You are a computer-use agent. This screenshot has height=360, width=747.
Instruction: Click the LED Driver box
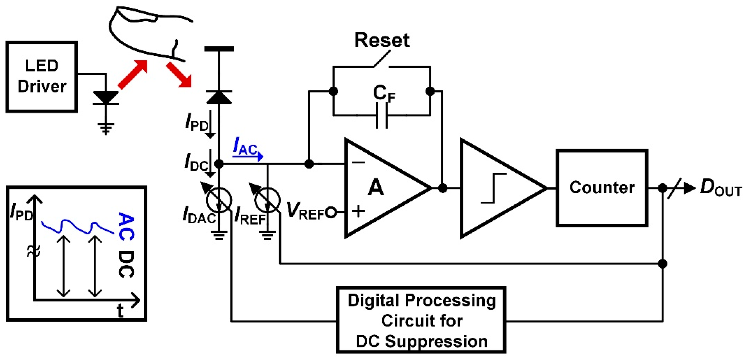click(42, 76)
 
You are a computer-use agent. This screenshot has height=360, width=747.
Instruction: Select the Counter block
click(602, 188)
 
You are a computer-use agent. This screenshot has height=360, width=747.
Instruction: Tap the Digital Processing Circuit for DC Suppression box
click(421, 320)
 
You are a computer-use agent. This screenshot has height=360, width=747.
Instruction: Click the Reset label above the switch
click(382, 40)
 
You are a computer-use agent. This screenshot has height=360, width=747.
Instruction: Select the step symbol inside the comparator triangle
click(493, 188)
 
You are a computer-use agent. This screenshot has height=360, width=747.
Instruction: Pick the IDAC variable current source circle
click(219, 200)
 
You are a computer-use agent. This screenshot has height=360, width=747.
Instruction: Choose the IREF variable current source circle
click(267, 200)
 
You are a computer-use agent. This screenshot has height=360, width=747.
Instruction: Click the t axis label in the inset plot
click(120, 311)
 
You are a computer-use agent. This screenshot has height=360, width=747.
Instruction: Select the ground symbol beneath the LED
click(106, 128)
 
